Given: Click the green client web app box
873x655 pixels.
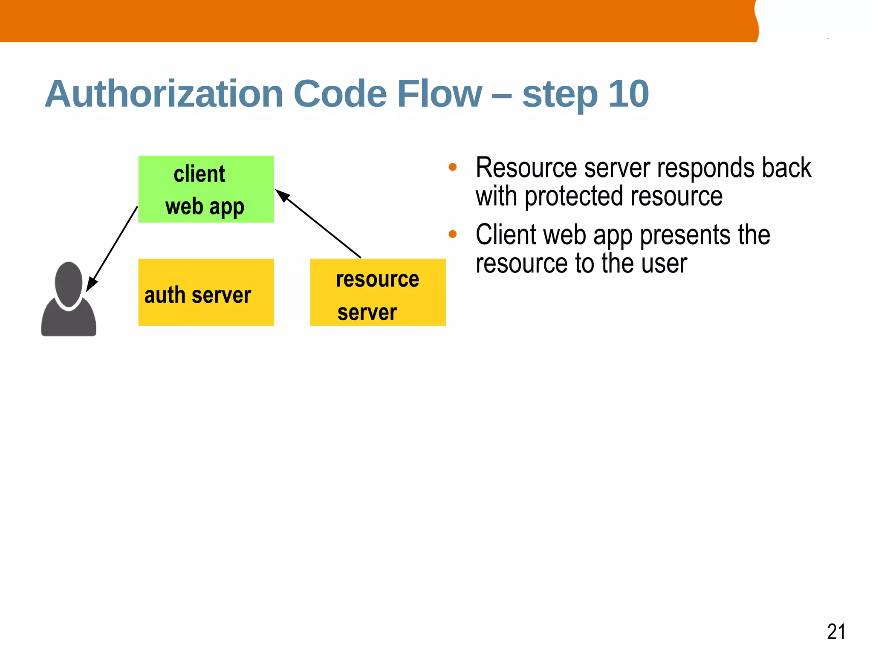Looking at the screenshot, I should [206, 189].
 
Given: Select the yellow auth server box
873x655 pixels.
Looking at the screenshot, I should [206, 292].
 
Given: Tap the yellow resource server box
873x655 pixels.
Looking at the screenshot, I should [378, 292].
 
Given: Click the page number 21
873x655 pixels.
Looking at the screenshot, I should [836, 632].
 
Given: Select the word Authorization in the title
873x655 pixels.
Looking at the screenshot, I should [164, 94].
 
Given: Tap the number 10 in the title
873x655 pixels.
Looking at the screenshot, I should [628, 94].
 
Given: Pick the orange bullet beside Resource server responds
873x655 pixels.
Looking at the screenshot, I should [453, 167].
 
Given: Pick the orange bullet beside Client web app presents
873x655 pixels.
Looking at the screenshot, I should [453, 234].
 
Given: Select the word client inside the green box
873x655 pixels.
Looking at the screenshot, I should [199, 174].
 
